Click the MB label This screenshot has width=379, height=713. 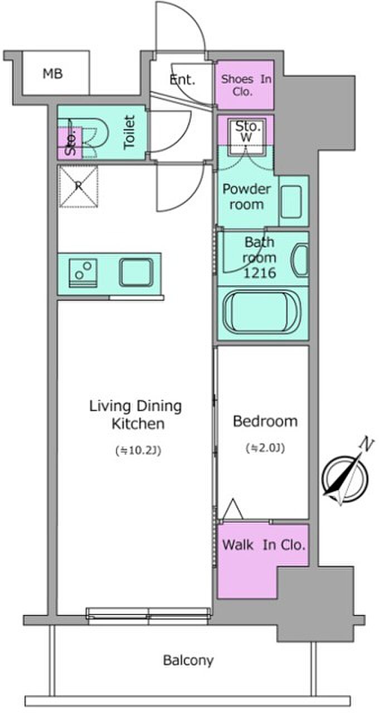coord(53,74)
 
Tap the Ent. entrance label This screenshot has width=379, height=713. coord(182,80)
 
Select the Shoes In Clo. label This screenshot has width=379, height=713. coord(246,85)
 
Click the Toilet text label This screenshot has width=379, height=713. coord(129,132)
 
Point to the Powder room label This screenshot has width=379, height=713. coord(246,197)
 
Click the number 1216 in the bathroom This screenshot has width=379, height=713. coord(260,273)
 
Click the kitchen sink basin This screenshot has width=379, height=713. coord(136,272)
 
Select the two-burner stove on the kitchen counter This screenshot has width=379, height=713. coord(83,273)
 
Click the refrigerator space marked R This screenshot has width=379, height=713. coord(79,187)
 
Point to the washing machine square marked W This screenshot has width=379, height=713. coord(247,138)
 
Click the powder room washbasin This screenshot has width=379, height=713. coord(291,202)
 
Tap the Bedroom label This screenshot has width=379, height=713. coord(265,421)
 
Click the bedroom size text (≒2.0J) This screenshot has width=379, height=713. coord(265,448)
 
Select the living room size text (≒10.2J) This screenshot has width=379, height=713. coord(138,451)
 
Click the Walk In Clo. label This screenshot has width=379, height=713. coord(264,545)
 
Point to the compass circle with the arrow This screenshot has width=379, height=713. coord(344,478)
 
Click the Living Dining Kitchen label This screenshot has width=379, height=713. coord(135,415)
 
